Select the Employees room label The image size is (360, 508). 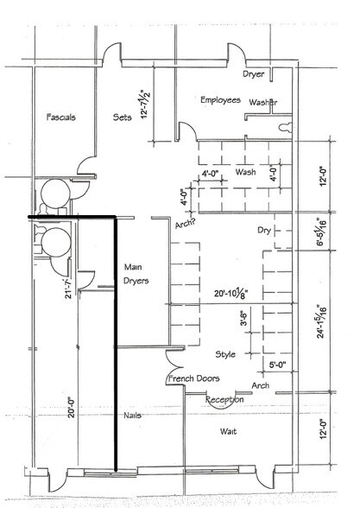219,100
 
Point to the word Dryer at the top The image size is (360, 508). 253,75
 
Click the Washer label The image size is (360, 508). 262,103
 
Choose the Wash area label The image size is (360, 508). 245,172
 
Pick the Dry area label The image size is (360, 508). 266,231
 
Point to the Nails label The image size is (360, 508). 132,416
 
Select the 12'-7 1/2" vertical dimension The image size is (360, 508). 155,110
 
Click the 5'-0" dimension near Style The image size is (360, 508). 279,365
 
